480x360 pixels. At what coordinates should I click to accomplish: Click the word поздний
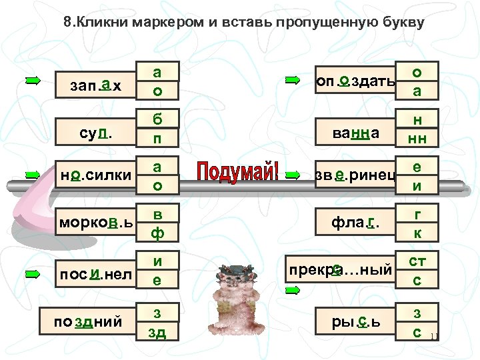(88, 323)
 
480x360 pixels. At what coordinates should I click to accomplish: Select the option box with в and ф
(156, 222)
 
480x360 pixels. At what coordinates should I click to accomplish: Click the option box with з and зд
(156, 323)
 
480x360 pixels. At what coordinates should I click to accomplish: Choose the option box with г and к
(416, 222)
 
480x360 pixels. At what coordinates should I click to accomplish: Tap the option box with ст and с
(416, 271)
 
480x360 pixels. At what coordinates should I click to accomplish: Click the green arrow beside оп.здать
(291, 81)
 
